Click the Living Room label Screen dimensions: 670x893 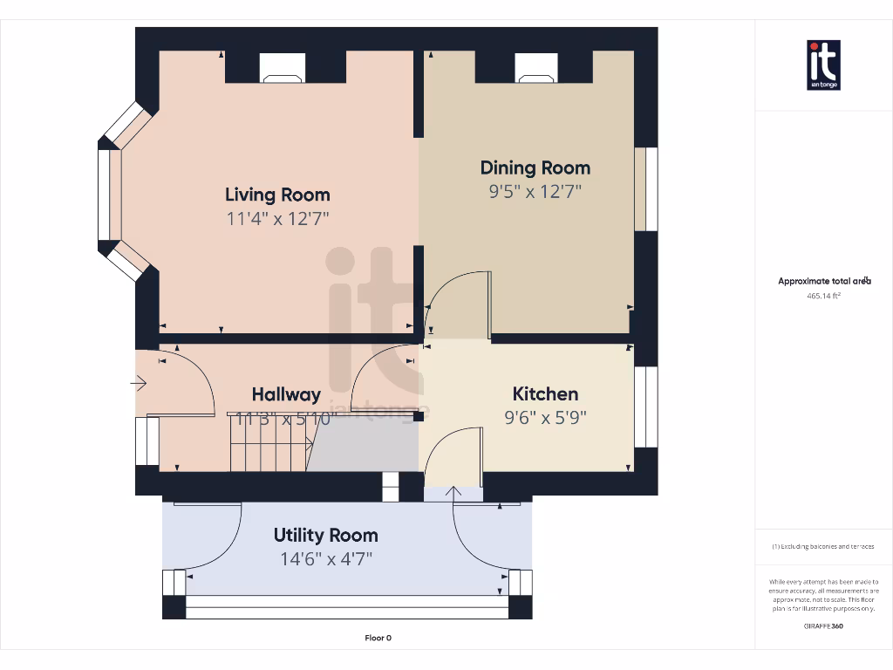[277, 194]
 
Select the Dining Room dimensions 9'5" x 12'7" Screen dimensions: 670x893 [535, 192]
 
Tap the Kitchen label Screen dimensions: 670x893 [545, 393]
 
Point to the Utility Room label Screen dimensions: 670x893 [325, 535]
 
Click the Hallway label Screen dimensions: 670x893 [286, 394]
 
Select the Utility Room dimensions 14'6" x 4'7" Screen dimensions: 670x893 [325, 559]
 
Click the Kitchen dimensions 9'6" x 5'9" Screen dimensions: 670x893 [545, 418]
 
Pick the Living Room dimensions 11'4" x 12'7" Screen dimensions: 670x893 [277, 218]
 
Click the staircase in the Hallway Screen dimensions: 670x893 [270, 442]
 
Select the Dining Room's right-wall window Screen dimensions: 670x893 [646, 189]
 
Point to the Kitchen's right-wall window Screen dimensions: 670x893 [646, 407]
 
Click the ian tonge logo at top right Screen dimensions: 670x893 [823, 65]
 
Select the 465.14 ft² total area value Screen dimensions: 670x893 [823, 296]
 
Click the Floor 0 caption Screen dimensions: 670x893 [378, 638]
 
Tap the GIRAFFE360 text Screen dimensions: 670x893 [823, 626]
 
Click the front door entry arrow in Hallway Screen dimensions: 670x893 [139, 382]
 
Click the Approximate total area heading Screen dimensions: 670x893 [823, 281]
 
